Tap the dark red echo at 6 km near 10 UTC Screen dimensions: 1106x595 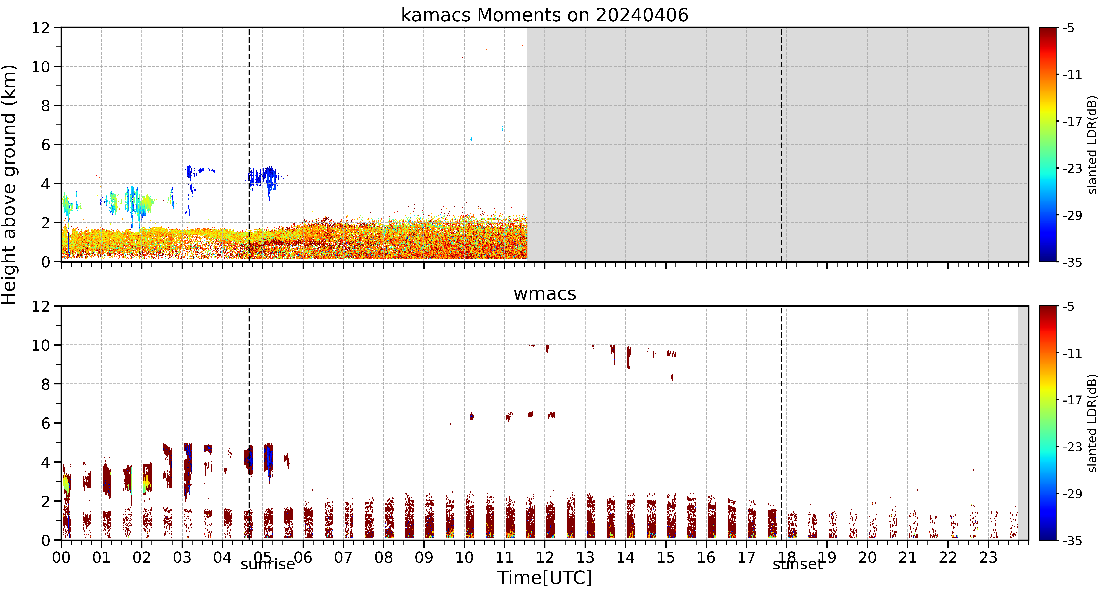pos(472,416)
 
